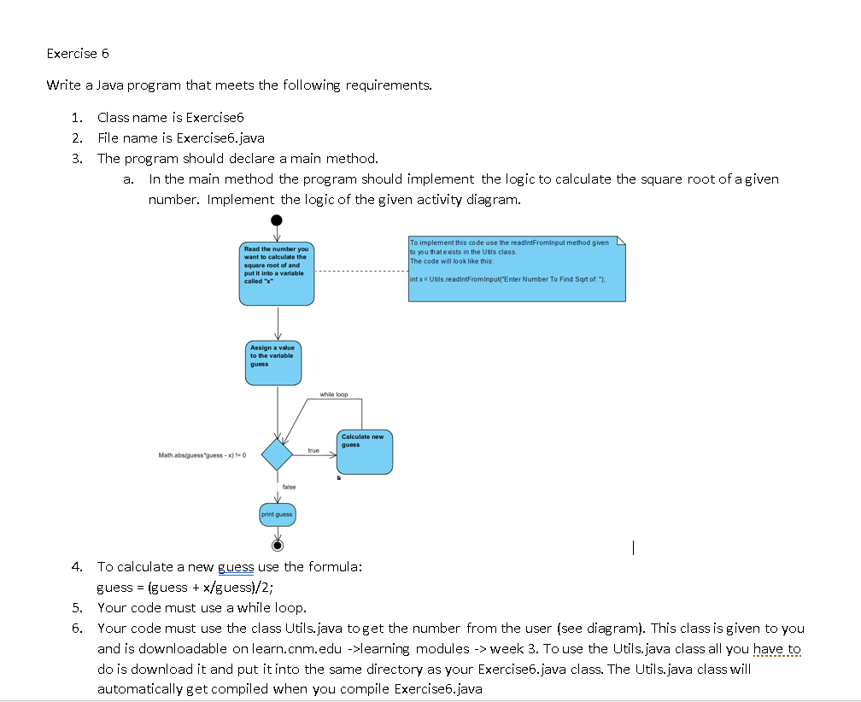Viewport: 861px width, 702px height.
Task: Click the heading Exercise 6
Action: pos(78,54)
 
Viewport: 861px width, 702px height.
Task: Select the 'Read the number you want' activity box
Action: pos(277,272)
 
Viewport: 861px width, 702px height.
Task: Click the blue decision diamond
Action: pos(277,453)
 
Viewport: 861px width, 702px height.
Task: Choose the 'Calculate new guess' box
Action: pos(364,452)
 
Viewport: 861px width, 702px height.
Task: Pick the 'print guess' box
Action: pos(277,514)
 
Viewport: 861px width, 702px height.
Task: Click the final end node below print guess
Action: pos(277,545)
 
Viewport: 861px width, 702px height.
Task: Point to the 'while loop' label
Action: pos(334,395)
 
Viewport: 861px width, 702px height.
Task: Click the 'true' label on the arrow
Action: pos(313,450)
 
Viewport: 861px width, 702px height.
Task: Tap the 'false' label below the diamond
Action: pos(289,486)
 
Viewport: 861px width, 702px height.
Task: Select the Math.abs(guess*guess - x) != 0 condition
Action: pos(202,455)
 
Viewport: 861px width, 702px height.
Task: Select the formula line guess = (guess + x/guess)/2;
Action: pos(185,587)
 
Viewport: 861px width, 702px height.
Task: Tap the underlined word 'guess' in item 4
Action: pos(236,566)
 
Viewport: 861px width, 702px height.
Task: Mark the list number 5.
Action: pos(78,607)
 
